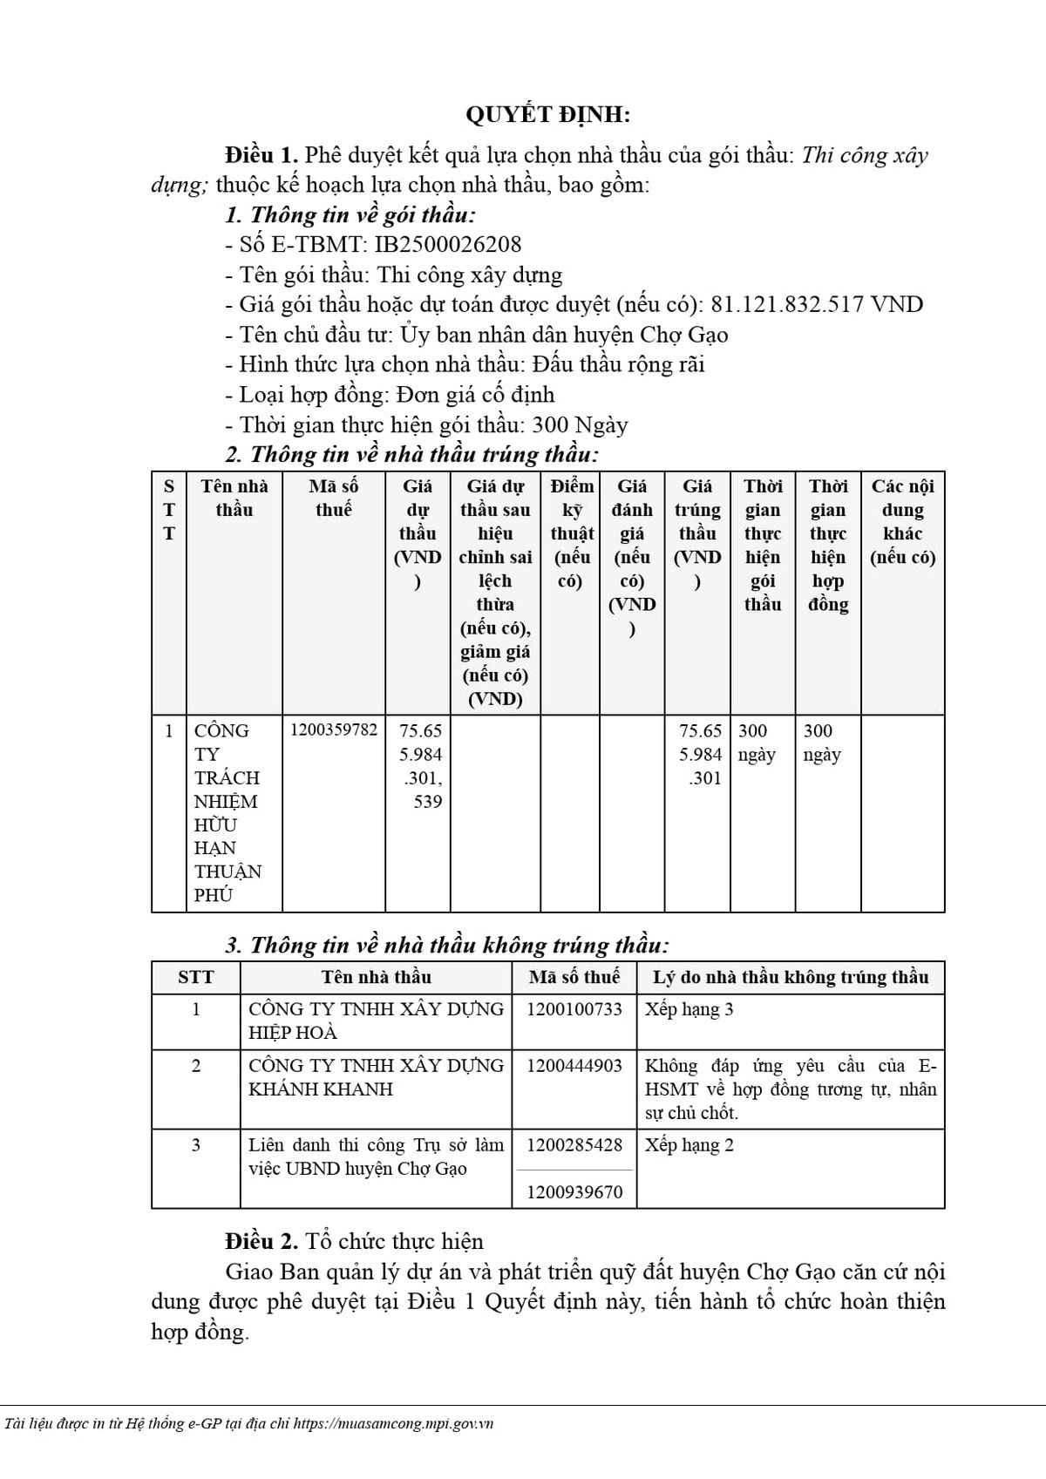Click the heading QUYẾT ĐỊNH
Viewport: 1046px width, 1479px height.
pyautogui.click(x=547, y=115)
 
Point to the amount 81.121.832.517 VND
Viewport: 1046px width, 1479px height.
pyautogui.click(x=817, y=304)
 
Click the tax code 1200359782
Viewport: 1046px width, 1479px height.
pyautogui.click(x=334, y=729)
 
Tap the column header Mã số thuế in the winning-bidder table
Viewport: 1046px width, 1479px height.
pyautogui.click(x=334, y=498)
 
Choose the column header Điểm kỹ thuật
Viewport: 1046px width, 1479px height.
pyautogui.click(x=571, y=533)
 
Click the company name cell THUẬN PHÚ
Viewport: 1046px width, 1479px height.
pyautogui.click(x=228, y=812)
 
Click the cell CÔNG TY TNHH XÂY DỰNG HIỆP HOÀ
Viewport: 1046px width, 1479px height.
pyautogui.click(x=376, y=1021)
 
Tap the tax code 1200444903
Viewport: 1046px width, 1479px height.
pyautogui.click(x=574, y=1066)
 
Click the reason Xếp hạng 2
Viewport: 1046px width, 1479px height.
pyautogui.click(x=689, y=1145)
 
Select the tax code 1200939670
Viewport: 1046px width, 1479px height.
pyautogui.click(x=574, y=1191)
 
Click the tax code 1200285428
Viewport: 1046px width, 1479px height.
pyautogui.click(x=574, y=1145)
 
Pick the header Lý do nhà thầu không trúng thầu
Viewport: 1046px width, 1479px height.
pyautogui.click(x=791, y=977)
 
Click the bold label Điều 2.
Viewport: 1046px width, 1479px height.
pyautogui.click(x=261, y=1241)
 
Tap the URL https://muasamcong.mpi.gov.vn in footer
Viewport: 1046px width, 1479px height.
pyautogui.click(x=393, y=1423)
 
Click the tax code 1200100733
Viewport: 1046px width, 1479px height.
pyautogui.click(x=574, y=1009)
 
